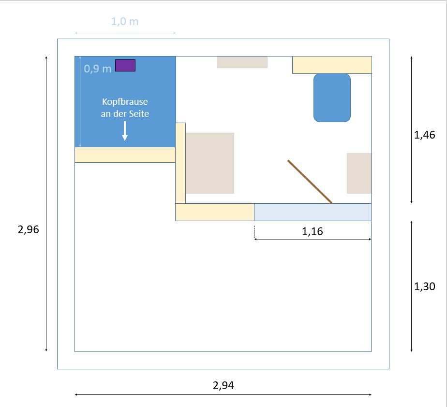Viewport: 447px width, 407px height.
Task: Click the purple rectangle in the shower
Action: point(125,65)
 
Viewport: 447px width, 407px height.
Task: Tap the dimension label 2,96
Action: point(28,229)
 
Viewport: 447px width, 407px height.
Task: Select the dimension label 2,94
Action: point(223,385)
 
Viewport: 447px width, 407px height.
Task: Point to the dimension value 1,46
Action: point(424,135)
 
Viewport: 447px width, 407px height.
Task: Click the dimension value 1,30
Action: point(424,286)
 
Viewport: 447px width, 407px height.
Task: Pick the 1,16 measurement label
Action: point(313,232)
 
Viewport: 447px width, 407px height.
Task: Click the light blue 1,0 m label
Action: point(125,22)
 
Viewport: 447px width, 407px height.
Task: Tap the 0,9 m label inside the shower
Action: point(98,69)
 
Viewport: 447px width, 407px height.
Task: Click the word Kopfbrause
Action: point(125,101)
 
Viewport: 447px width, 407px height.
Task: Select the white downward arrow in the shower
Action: point(125,131)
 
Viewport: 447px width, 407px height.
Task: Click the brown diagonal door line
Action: point(310,182)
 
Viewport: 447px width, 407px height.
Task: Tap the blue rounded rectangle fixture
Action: point(332,98)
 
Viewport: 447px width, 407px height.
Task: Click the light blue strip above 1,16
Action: point(313,212)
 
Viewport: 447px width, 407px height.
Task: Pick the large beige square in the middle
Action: point(210,163)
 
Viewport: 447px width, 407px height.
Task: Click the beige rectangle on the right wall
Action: point(359,173)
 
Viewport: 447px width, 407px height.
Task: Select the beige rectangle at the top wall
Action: point(242,62)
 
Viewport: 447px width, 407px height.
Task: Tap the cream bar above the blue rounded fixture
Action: point(332,65)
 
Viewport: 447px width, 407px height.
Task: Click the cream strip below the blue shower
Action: point(125,154)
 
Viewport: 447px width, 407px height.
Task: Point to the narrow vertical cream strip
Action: point(180,163)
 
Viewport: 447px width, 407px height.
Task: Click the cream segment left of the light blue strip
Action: point(215,212)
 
